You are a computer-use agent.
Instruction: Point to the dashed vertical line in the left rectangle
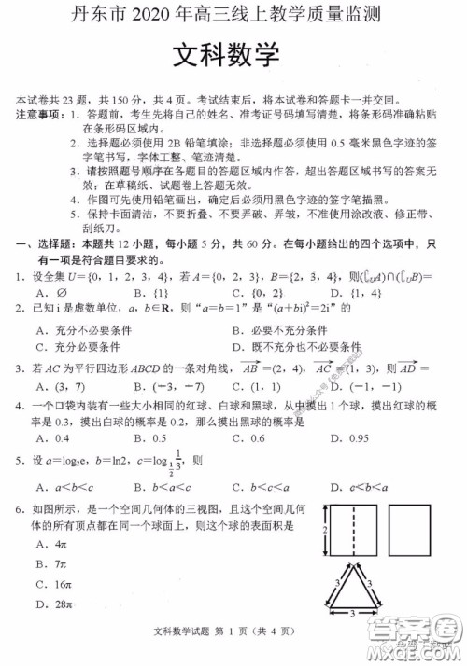[353, 529]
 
